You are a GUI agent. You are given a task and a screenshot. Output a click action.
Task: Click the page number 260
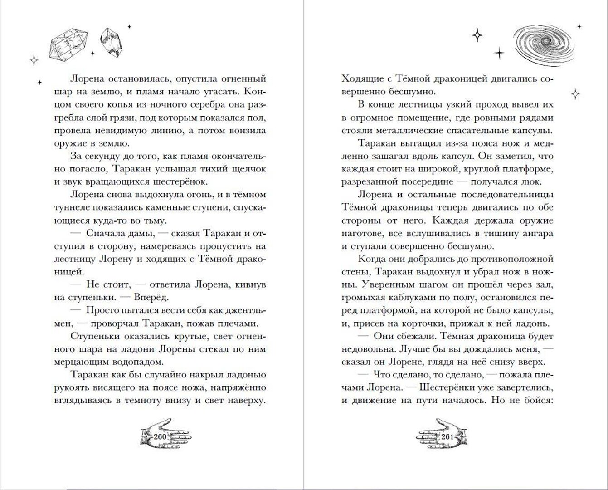pos(161,437)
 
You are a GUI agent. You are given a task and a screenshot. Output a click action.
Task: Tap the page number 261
pos(447,437)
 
